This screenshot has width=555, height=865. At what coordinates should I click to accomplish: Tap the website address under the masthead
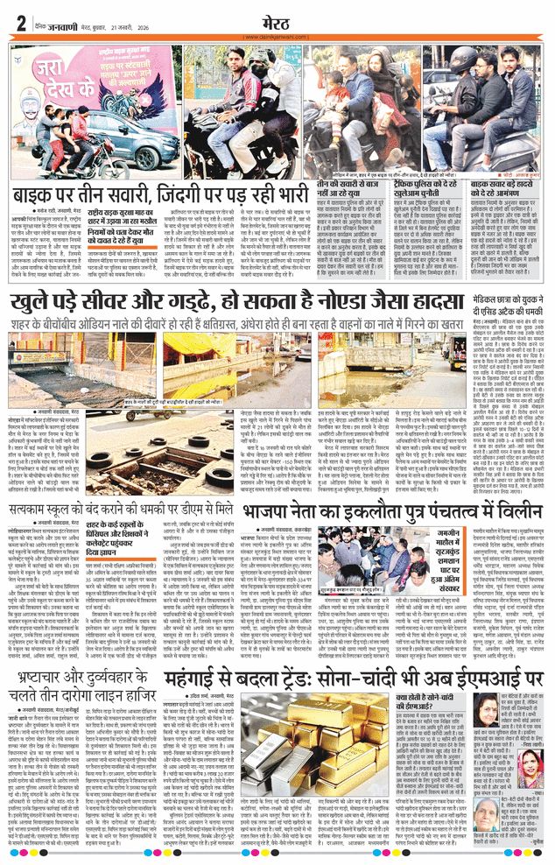pyautogui.click(x=277, y=36)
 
